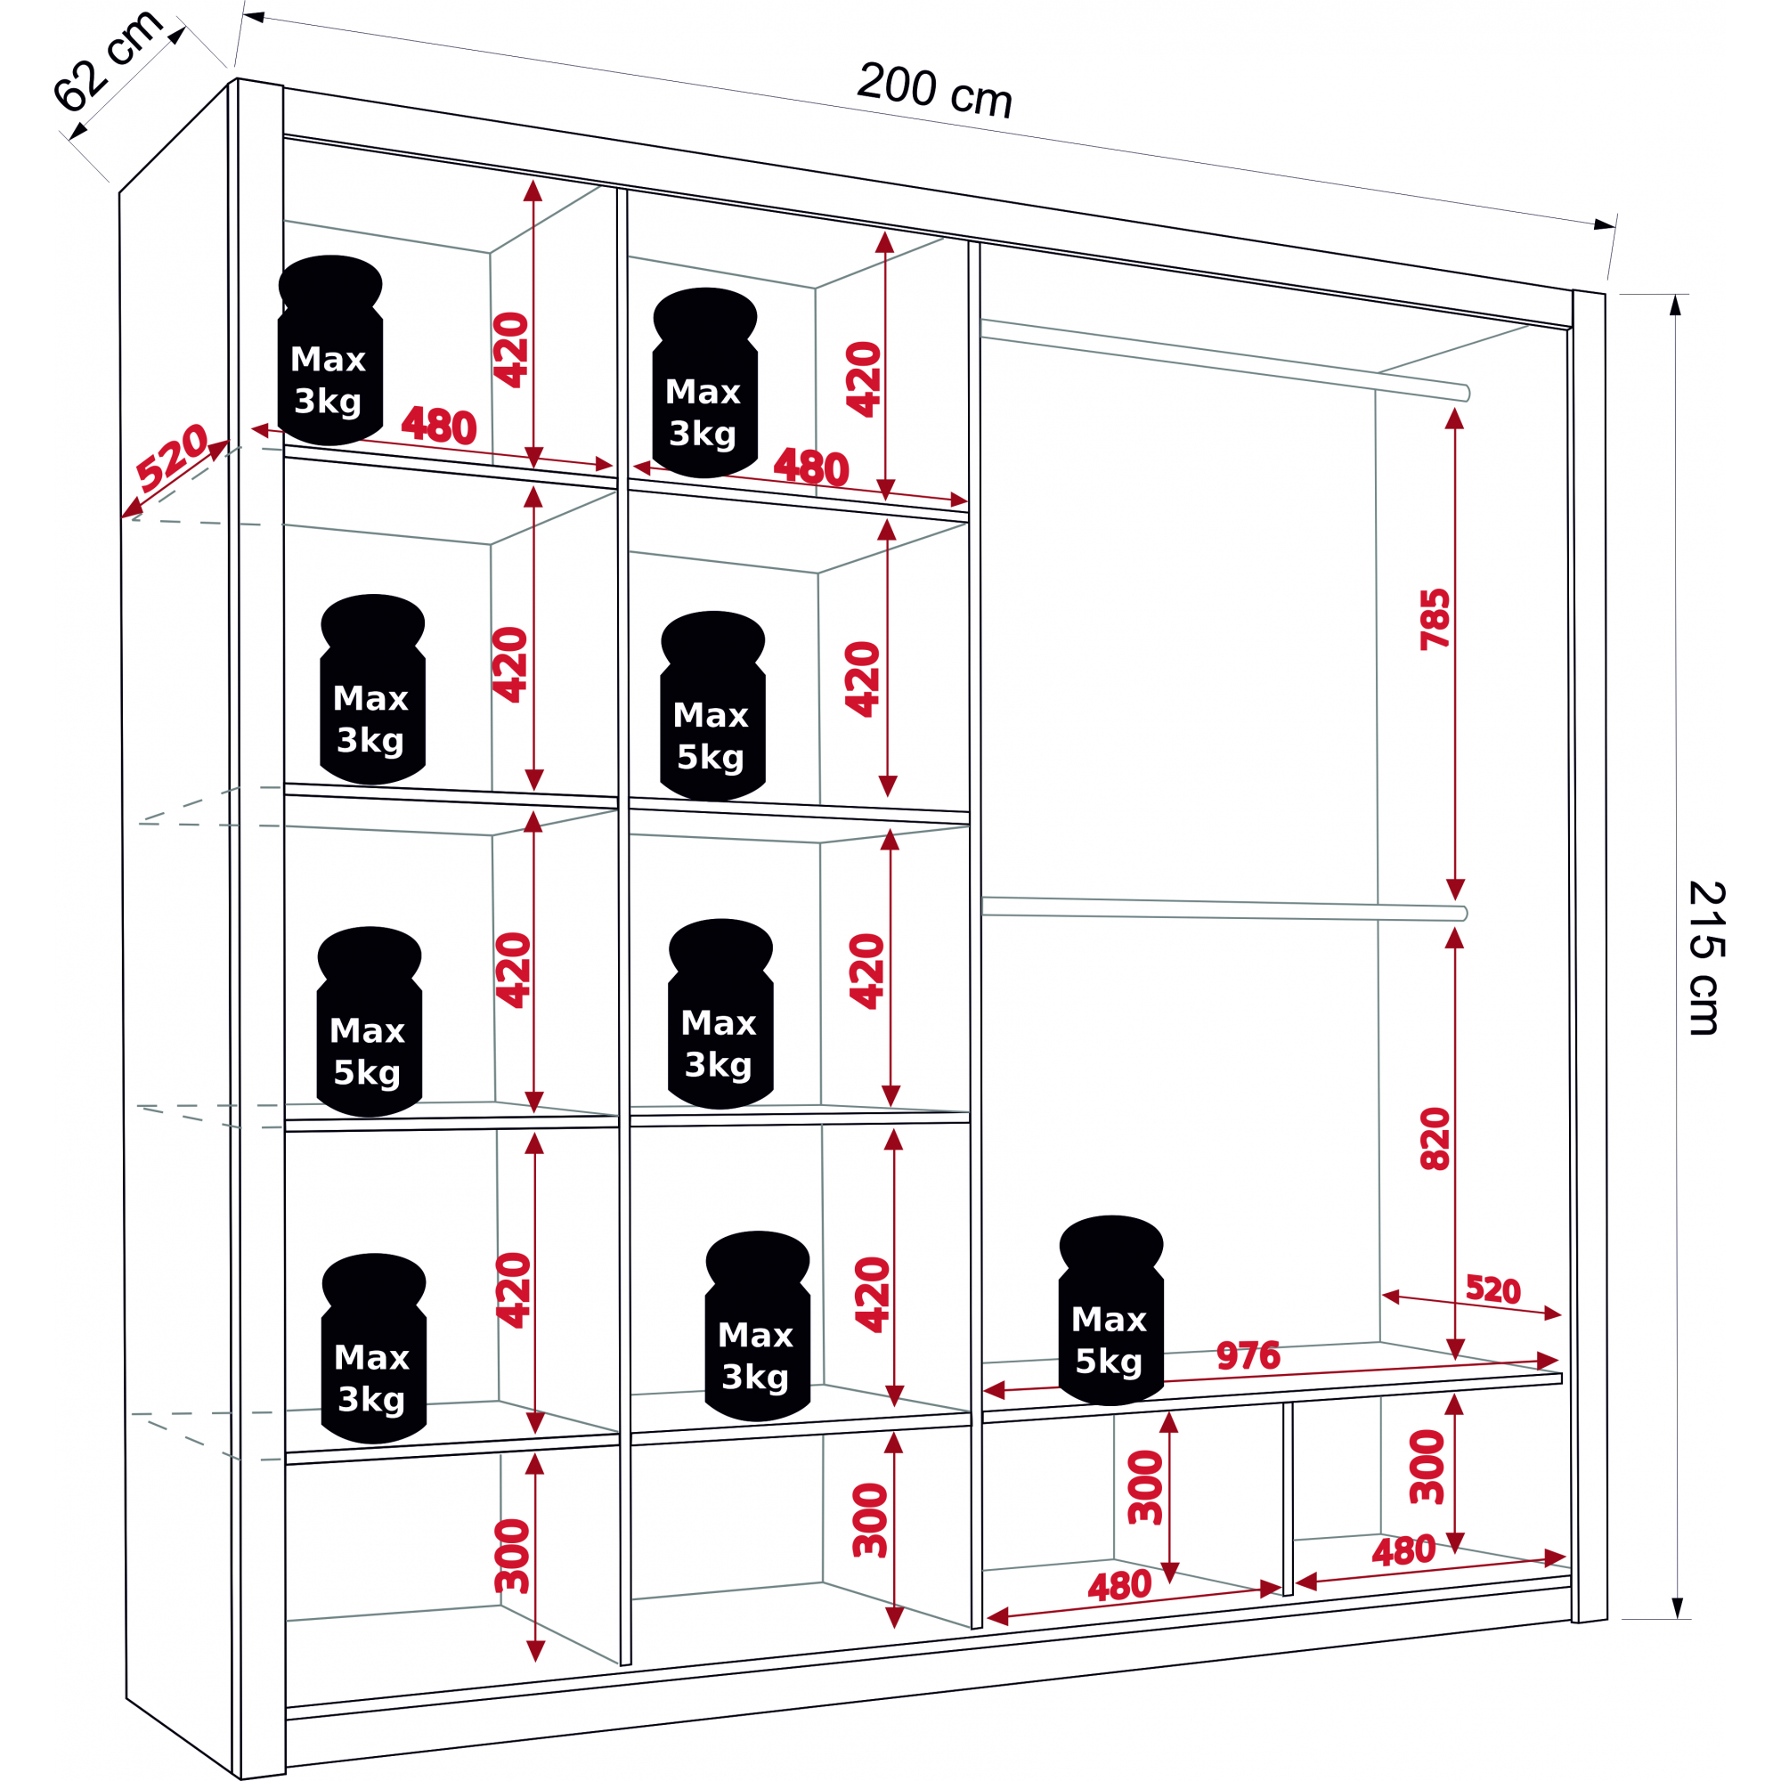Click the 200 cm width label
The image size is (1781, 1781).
(x=934, y=90)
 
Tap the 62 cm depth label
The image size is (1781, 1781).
(x=107, y=61)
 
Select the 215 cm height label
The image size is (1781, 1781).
(x=1705, y=959)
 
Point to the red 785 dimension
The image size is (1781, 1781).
(x=1435, y=620)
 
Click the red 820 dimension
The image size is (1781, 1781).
(x=1435, y=1140)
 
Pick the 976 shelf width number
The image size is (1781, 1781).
(x=1248, y=1355)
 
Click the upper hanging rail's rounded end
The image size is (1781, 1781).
(x=1466, y=394)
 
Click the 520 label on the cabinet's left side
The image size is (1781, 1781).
(x=173, y=456)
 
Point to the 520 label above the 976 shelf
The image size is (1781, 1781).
(x=1492, y=1289)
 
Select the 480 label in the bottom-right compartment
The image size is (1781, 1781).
(x=1403, y=1551)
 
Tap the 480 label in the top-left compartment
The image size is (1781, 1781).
(x=439, y=426)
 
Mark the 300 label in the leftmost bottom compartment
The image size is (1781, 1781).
(x=513, y=1555)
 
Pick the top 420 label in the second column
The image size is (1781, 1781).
(x=864, y=380)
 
